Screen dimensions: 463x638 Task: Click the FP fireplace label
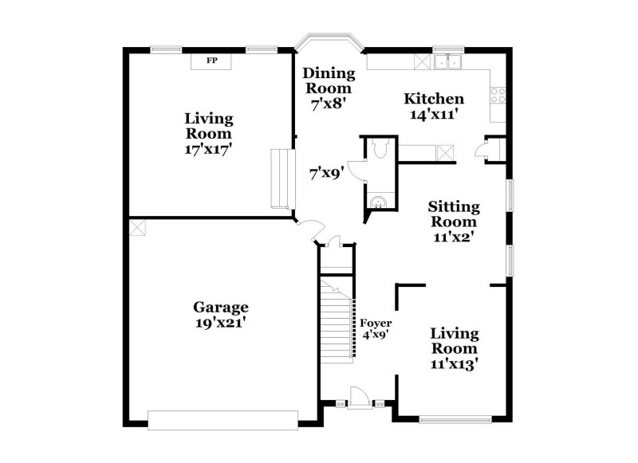pyautogui.click(x=211, y=61)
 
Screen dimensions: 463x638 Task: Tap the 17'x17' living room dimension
pyautogui.click(x=210, y=148)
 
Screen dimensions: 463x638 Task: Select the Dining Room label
pyautogui.click(x=328, y=80)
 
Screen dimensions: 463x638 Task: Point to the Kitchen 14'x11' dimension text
pyautogui.click(x=434, y=114)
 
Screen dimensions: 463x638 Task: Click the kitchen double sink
pyautogui.click(x=451, y=61)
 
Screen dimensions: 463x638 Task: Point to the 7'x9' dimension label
pyautogui.click(x=326, y=171)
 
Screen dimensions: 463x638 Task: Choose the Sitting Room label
pyautogui.click(x=454, y=214)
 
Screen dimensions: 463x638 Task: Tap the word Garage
pyautogui.click(x=221, y=308)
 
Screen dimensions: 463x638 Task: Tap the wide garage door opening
pyautogui.click(x=223, y=415)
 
